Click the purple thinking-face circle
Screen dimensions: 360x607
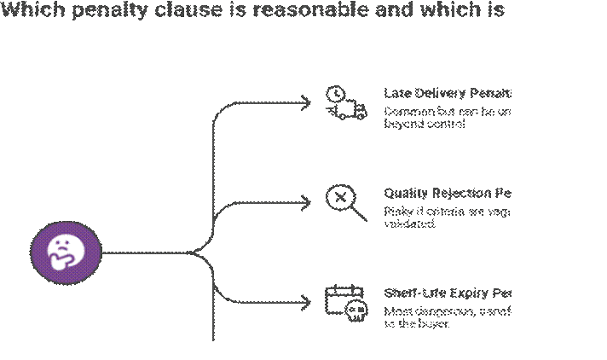66,252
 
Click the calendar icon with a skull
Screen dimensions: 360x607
346,303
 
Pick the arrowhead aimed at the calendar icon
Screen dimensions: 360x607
306,302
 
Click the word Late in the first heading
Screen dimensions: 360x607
396,92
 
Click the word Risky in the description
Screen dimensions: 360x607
396,212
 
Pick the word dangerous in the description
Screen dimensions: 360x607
441,311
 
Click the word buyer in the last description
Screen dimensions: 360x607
432,324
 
